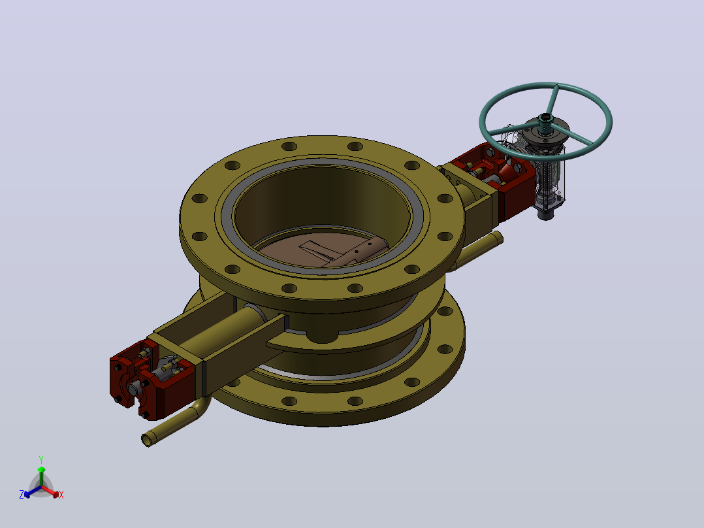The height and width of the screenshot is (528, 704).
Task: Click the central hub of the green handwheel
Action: (545, 120)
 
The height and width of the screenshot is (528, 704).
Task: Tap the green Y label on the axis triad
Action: (41, 459)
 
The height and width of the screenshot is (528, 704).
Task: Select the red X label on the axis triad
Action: (61, 495)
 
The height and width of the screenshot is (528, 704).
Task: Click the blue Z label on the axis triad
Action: (21, 494)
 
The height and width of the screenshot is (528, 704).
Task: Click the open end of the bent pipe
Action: (147, 439)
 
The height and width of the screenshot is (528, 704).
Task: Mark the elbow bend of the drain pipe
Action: (200, 406)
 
